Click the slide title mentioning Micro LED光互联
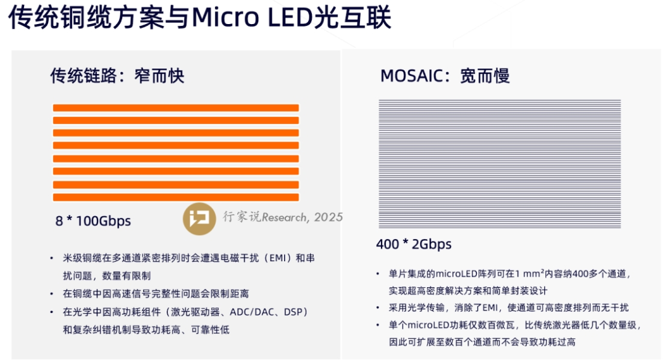[200, 19]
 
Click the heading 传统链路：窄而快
[117, 76]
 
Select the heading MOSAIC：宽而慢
[445, 76]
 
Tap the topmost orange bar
[176, 108]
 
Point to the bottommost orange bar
[176, 198]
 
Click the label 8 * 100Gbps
[93, 221]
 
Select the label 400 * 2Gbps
[414, 245]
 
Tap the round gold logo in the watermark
[199, 218]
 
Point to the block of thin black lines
[500, 164]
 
